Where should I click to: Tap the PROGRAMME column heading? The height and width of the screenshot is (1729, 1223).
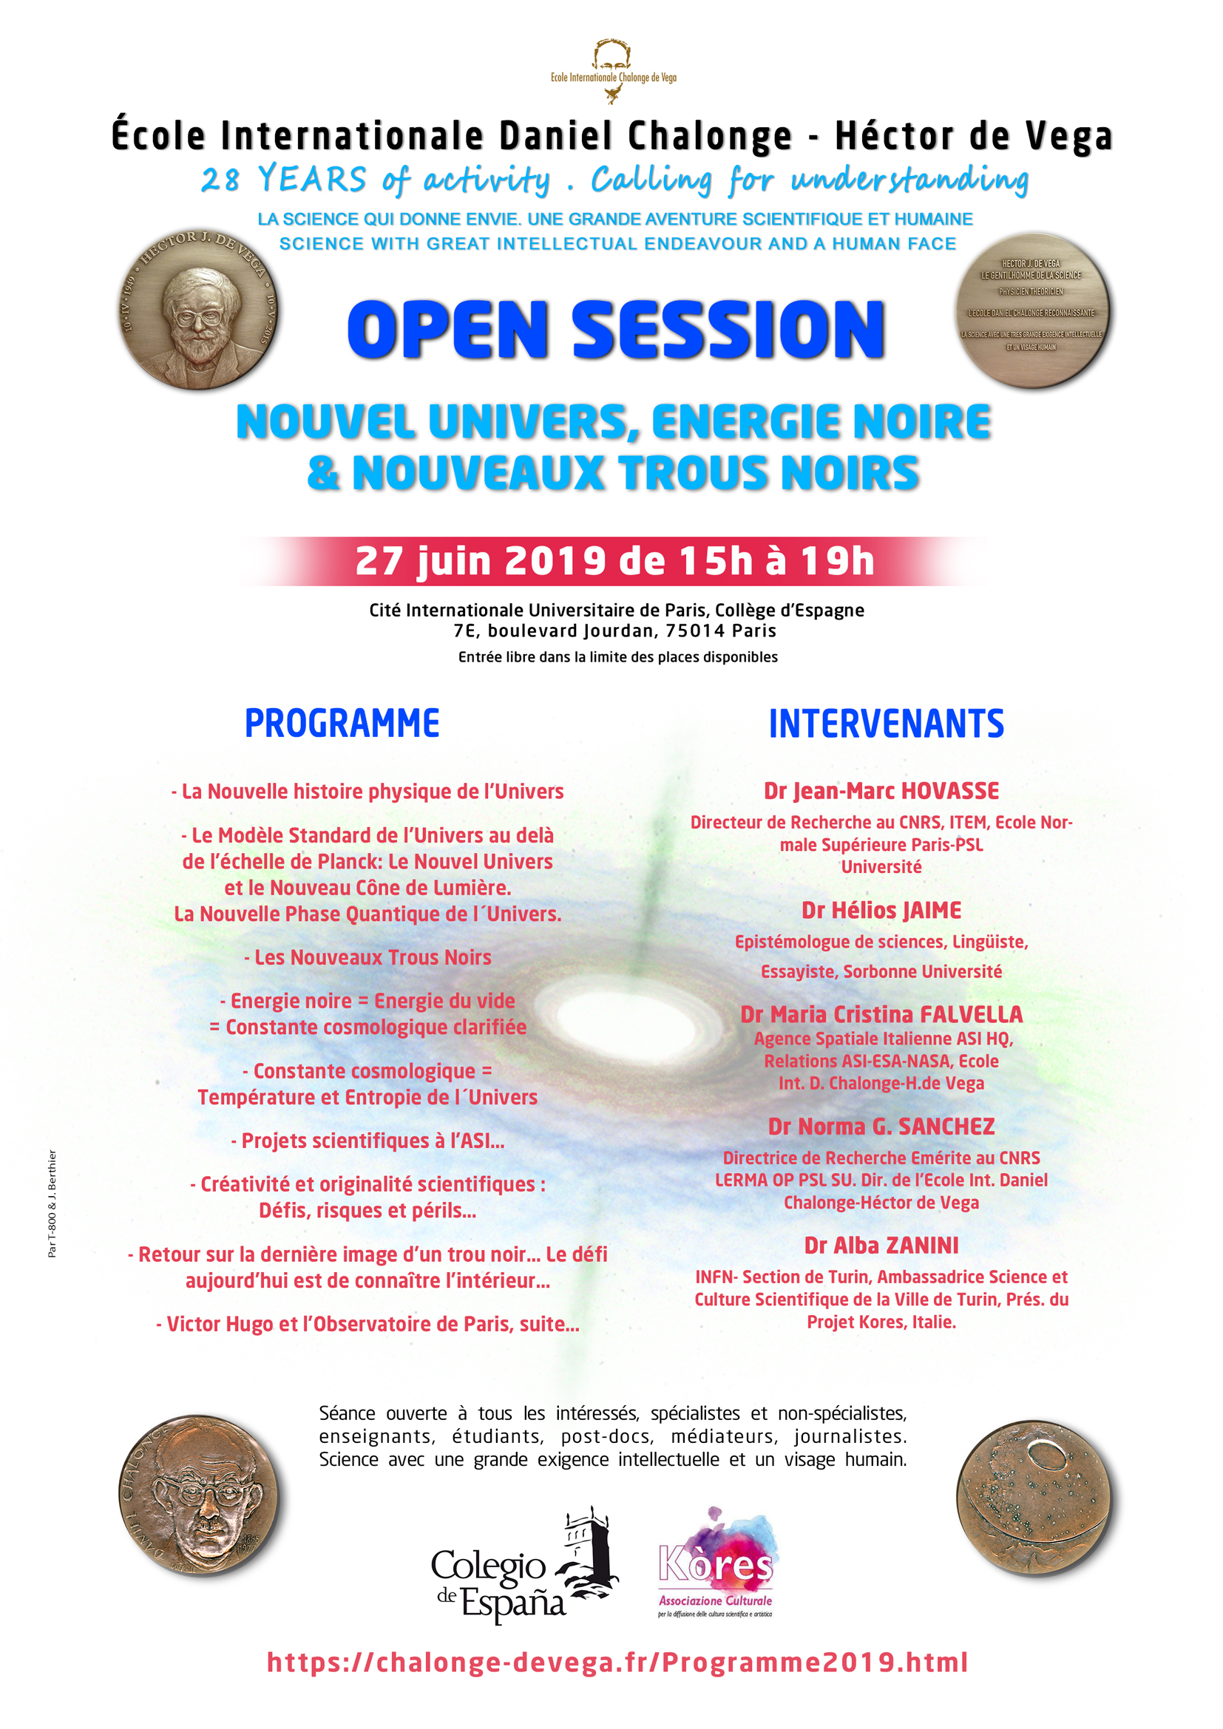[x=342, y=723]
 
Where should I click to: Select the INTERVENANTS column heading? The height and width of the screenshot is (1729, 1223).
[x=886, y=724]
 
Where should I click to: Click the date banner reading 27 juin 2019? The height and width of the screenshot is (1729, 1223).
[x=614, y=561]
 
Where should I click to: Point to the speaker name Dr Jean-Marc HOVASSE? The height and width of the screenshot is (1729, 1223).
[x=881, y=791]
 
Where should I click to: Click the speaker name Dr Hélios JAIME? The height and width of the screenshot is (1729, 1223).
[x=881, y=911]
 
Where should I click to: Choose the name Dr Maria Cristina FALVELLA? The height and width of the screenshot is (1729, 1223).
[x=881, y=1014]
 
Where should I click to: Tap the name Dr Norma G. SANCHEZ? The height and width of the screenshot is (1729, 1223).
[x=881, y=1127]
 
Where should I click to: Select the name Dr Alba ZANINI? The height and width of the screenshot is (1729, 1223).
[x=881, y=1246]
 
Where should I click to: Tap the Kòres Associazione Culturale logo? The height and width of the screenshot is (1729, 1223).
[x=716, y=1563]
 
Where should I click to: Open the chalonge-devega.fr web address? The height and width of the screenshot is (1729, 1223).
[x=617, y=1662]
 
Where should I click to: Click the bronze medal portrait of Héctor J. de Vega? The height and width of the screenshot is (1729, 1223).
[x=199, y=310]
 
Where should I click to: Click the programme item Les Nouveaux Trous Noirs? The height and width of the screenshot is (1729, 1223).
[x=367, y=957]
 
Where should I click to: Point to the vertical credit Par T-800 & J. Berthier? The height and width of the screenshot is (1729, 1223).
[x=52, y=1203]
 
